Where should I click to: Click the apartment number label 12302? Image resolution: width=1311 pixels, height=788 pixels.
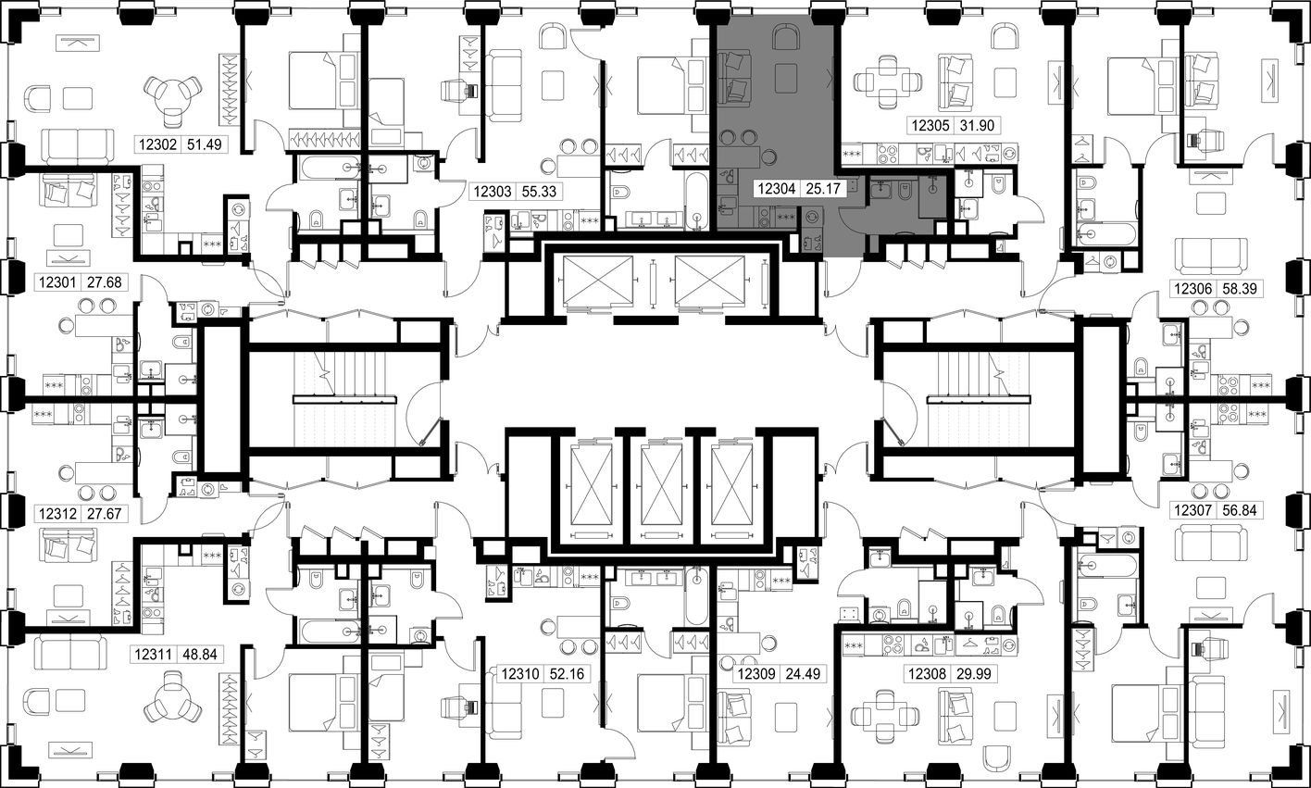[158, 144]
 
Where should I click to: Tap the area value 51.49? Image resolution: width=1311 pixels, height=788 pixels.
[205, 144]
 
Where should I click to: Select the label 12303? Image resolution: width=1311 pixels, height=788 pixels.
[493, 192]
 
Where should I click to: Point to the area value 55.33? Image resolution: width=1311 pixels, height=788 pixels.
[539, 192]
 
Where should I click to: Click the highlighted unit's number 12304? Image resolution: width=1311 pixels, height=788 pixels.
[777, 189]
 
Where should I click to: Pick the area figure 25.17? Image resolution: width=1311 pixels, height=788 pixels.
[823, 189]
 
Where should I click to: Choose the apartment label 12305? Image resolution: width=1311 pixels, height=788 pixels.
[930, 125]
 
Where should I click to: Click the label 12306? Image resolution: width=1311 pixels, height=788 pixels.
[1192, 289]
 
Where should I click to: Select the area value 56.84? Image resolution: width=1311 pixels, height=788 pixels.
[1240, 510]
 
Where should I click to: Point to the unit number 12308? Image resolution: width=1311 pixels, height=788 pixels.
[927, 674]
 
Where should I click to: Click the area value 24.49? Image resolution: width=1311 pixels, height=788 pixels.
[803, 674]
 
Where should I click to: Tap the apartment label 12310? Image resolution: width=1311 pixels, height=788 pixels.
[519, 674]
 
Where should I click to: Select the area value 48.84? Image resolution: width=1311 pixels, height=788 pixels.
[200, 654]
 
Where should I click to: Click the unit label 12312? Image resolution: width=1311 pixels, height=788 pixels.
[58, 513]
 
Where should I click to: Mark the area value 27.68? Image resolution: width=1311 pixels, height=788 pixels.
[105, 282]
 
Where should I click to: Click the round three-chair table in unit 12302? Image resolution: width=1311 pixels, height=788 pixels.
[173, 96]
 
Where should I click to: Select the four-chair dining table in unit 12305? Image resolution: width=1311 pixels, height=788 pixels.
[888, 81]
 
